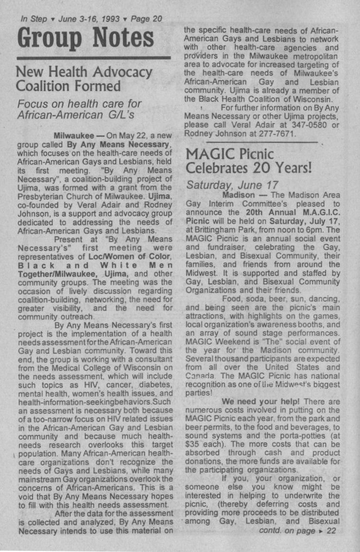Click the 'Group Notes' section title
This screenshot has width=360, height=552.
(85, 38)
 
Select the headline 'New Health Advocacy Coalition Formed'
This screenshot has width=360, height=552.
(84, 79)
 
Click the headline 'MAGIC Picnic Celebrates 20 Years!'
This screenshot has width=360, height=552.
(248, 161)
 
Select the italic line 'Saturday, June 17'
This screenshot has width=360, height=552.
(232, 185)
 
